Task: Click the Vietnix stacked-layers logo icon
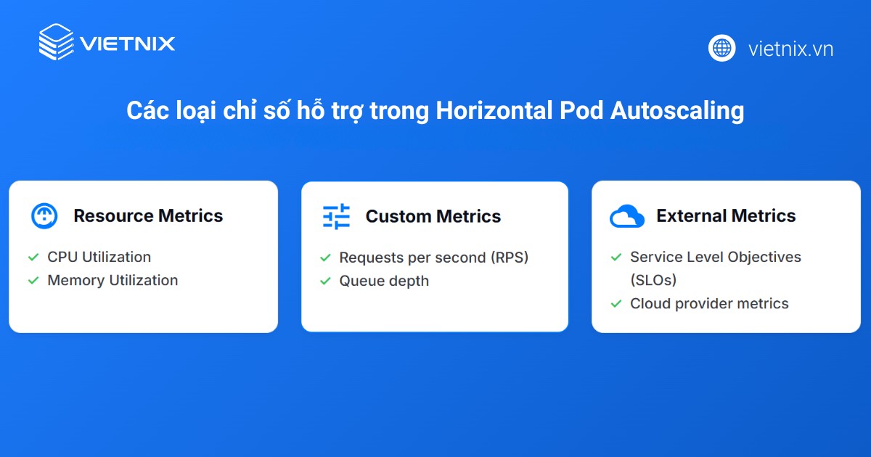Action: (x=56, y=42)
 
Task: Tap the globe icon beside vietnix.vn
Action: (x=721, y=48)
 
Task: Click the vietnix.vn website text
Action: (x=790, y=49)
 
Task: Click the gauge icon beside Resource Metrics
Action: (x=44, y=215)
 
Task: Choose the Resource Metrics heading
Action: (x=148, y=215)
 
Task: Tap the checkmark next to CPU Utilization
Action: (x=33, y=257)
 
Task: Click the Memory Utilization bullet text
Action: (x=113, y=280)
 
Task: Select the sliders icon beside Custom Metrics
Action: (x=336, y=216)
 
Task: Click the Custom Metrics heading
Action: (x=433, y=216)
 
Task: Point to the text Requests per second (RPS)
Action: (x=433, y=258)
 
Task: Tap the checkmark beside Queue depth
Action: (x=325, y=281)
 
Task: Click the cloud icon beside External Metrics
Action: (x=627, y=216)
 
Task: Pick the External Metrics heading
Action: (x=726, y=215)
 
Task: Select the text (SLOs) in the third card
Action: (x=653, y=280)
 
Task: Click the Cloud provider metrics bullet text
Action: (x=709, y=303)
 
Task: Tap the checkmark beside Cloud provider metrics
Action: (x=616, y=303)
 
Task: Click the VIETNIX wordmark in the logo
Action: (x=127, y=44)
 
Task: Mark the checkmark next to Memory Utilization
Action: (x=33, y=280)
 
